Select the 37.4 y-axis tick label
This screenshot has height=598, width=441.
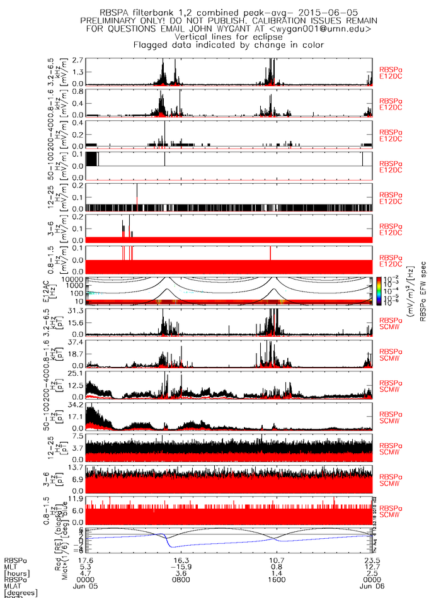click(x=77, y=341)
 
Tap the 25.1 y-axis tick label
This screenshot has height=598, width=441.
click(x=77, y=373)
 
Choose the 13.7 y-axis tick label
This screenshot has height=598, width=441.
click(x=77, y=467)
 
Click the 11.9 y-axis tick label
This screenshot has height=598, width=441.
click(x=77, y=499)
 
